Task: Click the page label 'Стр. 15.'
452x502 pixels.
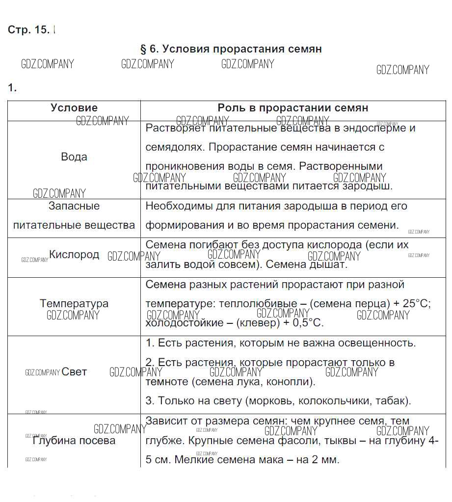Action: click(28, 29)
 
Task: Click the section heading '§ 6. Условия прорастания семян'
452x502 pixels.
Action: click(231, 49)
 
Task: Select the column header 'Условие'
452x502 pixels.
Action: click(74, 108)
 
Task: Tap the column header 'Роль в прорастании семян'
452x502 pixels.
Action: click(293, 108)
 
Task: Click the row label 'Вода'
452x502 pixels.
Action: click(74, 157)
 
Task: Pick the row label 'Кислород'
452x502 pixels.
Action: click(74, 255)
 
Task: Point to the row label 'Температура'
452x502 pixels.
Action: click(74, 304)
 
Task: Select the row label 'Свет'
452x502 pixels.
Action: click(74, 372)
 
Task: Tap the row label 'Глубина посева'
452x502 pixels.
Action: click(74, 441)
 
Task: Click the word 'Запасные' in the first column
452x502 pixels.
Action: click(74, 206)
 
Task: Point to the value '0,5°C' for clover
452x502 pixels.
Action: click(308, 323)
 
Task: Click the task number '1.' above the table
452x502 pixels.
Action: click(12, 88)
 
